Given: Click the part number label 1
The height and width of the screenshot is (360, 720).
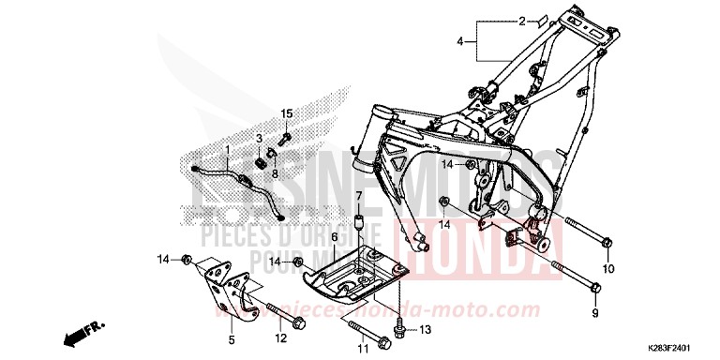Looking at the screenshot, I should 226,150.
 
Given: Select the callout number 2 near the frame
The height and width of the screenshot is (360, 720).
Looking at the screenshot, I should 523,20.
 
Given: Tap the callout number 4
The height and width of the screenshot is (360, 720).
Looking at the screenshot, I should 460,41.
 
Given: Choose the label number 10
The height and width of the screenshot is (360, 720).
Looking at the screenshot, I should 607,269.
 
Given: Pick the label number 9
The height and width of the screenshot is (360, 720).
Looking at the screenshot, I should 593,312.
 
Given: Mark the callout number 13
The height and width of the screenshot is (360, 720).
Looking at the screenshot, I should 425,329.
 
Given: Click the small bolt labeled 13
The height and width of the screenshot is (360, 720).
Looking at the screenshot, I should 400,327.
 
